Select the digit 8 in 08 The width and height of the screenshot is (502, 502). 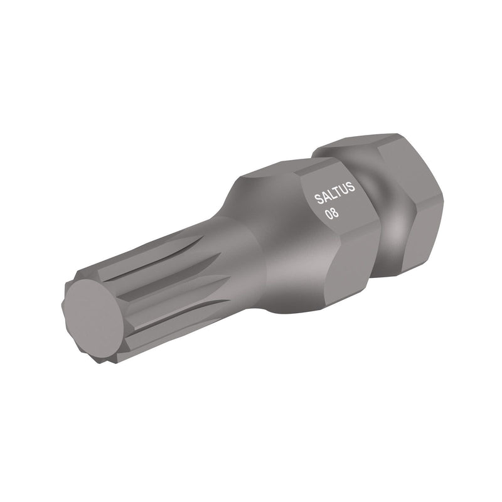336,212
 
